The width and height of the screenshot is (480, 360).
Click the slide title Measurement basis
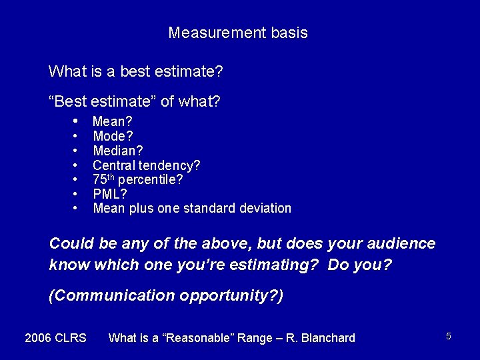point(238,33)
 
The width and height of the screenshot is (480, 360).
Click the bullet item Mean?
point(112,121)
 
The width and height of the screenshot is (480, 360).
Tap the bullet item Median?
point(117,151)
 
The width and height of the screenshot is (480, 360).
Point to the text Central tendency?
point(146,165)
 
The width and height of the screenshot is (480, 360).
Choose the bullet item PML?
point(110,194)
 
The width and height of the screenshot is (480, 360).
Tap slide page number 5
point(449,336)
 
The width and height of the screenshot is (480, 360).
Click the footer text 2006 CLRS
point(55,338)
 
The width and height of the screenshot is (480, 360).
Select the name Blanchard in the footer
point(329,338)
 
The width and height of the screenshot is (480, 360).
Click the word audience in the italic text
point(400,243)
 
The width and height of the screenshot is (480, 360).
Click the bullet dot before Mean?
point(77,121)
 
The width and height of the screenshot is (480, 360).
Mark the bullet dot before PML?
point(77,194)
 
